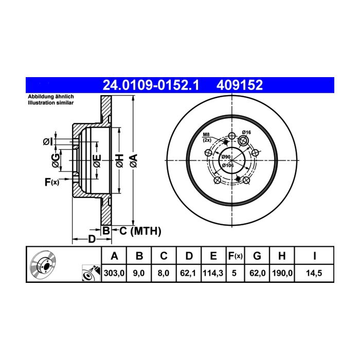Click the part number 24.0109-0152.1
click(151, 85)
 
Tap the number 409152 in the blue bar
click(240, 85)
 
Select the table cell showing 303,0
click(114, 273)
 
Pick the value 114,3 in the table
click(213, 273)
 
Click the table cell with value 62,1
click(188, 273)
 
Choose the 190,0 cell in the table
click(282, 273)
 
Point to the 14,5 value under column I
click(314, 273)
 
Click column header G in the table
click(257, 256)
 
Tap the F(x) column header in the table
click(236, 256)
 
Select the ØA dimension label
click(133, 160)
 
